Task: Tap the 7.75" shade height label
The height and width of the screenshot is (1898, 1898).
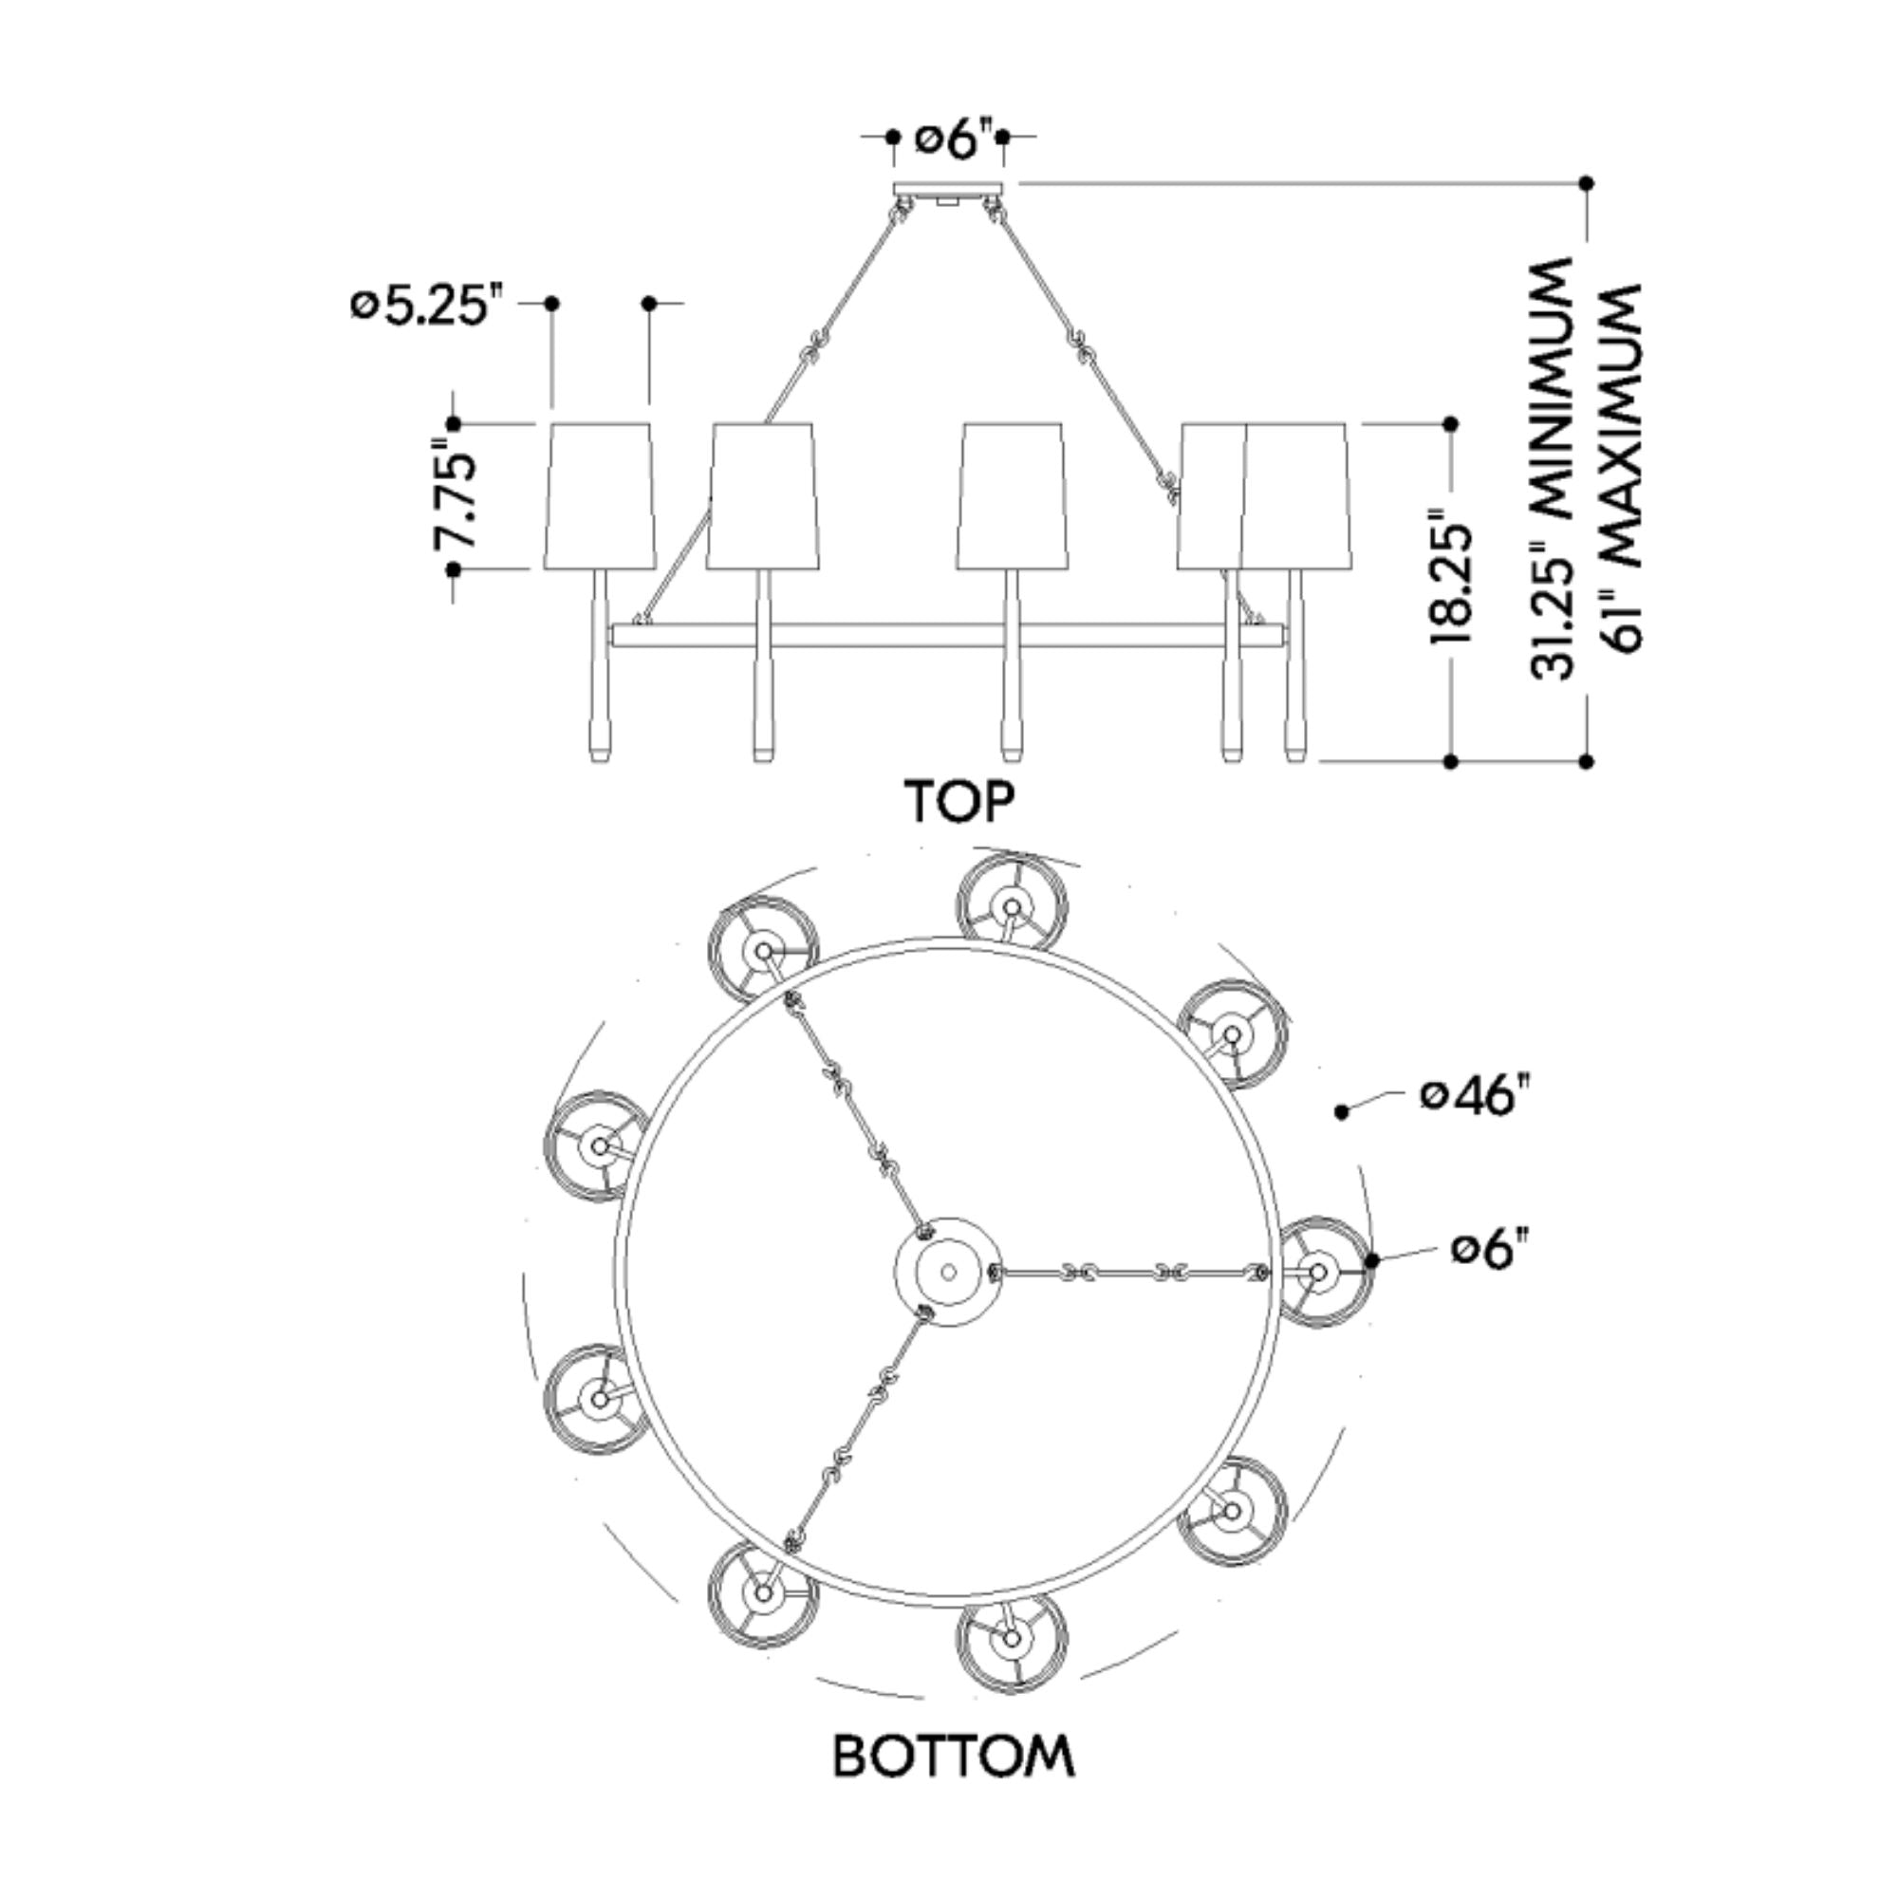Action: (x=457, y=499)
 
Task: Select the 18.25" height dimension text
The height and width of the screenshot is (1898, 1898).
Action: (x=1451, y=577)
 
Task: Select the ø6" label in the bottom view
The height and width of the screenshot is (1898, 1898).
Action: (x=1491, y=1251)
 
